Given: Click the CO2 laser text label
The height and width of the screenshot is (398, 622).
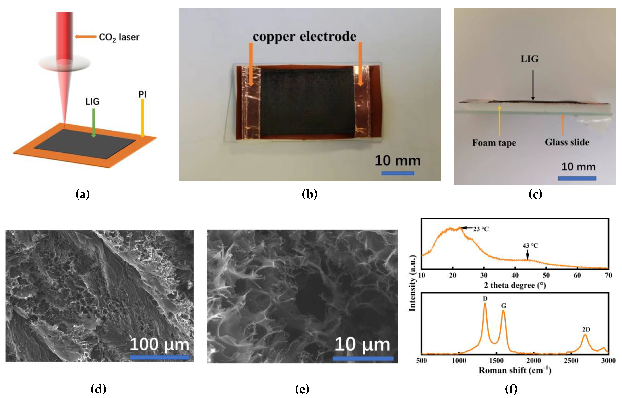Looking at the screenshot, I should pos(119,38).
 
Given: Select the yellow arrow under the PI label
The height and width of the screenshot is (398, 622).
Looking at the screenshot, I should pos(142,118).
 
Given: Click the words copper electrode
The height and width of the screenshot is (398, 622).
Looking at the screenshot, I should pos(304,37).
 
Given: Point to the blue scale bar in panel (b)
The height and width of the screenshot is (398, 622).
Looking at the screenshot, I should pos(398,173).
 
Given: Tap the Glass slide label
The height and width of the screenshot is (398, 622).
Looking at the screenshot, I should pos(567,142).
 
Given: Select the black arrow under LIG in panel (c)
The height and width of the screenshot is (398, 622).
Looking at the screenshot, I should pos(533,85).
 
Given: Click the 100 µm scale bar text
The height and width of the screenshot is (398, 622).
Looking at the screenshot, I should pos(159,345).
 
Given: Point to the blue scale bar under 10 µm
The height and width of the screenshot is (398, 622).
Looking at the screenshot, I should pos(363,358).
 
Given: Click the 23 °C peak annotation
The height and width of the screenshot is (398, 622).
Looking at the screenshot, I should pos(481,229).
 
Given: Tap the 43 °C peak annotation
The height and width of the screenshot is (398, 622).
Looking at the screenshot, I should pos(530,246).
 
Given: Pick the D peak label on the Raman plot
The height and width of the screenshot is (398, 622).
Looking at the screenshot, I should pos(485,299).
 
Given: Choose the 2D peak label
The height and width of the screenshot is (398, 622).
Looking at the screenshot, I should pos(586,329).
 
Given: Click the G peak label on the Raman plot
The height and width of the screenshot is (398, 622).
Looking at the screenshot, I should pos(504,306).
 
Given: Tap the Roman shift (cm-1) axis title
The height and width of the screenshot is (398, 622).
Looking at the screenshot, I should pos(515,370).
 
